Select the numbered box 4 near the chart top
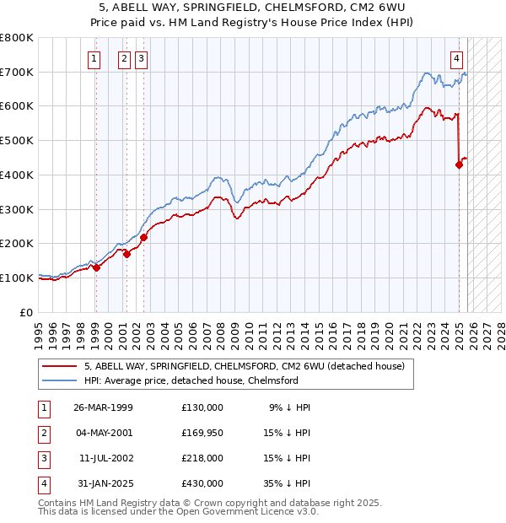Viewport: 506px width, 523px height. point(456,58)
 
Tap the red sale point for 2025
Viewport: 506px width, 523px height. point(460,164)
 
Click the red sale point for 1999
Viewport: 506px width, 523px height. point(96,267)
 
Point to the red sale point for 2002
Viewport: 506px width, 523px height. point(143,237)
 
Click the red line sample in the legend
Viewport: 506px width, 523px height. point(61,366)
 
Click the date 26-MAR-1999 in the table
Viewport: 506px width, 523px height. point(103,407)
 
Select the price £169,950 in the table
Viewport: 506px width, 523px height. point(202,433)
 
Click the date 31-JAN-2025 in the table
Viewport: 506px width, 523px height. point(103,483)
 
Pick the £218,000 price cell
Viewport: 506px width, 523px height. point(202,458)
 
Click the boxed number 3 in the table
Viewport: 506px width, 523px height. point(42,458)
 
